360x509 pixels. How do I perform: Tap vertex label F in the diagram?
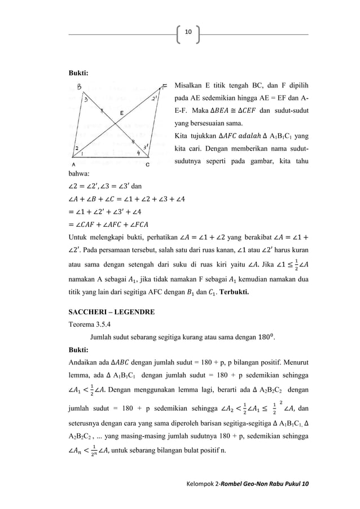(164, 86)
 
